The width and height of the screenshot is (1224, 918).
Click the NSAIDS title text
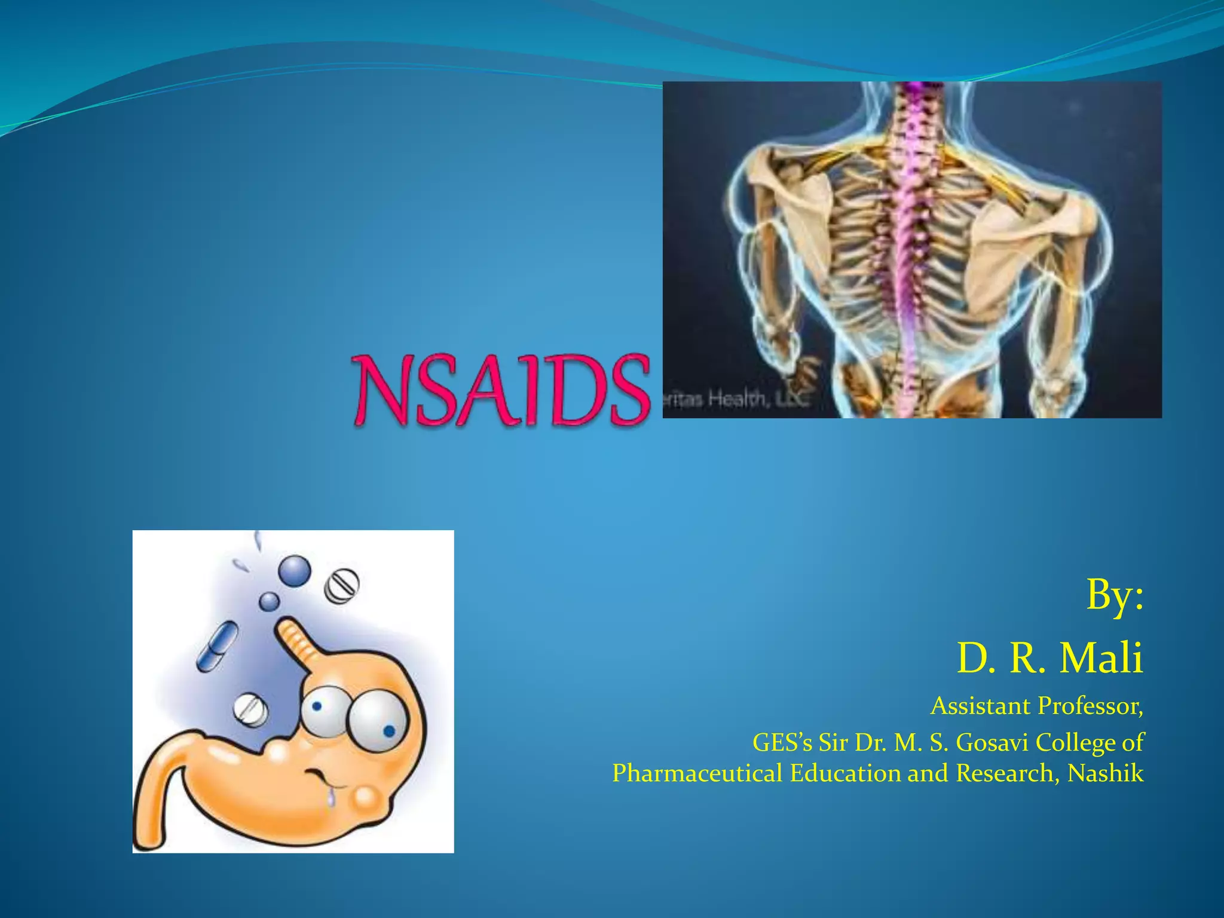(x=501, y=390)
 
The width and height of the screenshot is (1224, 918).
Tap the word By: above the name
(x=1115, y=595)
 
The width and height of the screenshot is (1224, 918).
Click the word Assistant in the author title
(x=980, y=706)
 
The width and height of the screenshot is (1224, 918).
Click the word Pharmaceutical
(x=697, y=773)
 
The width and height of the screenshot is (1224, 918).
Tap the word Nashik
(x=1105, y=773)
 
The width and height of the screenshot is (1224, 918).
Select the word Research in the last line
(x=1003, y=773)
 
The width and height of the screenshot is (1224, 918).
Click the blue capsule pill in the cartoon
(x=218, y=646)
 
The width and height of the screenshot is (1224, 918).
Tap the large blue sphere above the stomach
(x=295, y=571)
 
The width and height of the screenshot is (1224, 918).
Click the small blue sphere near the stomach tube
(x=269, y=601)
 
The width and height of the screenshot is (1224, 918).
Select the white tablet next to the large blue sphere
(x=342, y=585)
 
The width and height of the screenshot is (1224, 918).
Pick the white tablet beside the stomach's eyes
(x=250, y=710)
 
